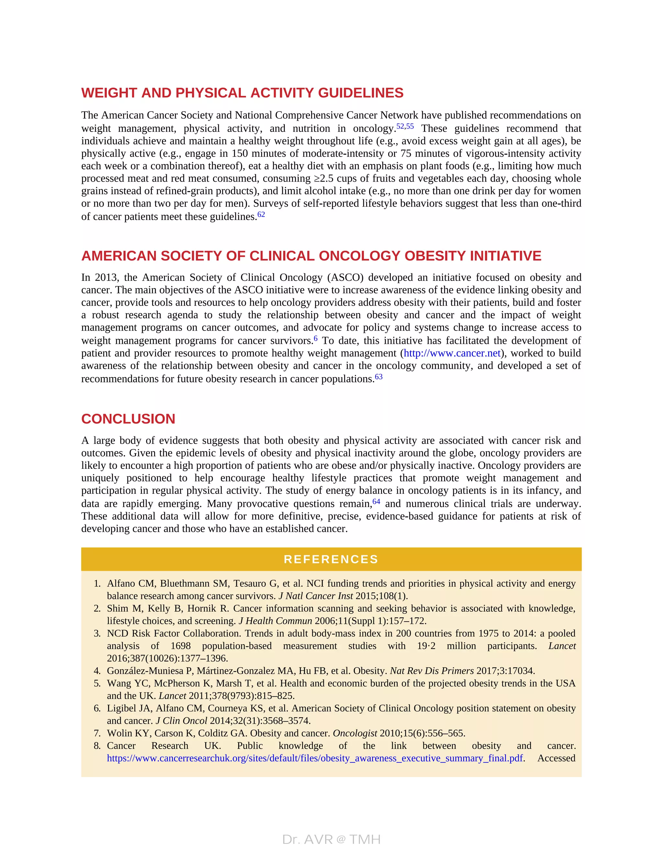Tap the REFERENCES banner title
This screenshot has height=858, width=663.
331,559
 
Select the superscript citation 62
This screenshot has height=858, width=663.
261,214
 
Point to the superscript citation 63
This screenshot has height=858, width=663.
379,377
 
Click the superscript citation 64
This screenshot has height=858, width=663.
376,502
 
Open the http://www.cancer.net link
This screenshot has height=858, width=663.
452,353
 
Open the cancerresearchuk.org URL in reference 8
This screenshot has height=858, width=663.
315,758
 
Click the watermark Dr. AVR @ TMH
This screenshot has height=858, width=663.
331,840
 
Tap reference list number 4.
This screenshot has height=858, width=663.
97,671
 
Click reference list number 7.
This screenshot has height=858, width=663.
97,733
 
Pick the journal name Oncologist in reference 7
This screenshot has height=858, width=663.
355,733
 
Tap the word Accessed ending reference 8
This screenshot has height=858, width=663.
556,758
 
